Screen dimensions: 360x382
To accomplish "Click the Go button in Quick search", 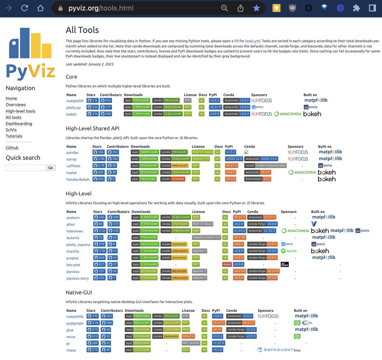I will pyautogui.click(x=50, y=168).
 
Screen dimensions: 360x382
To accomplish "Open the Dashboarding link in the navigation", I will pyautogui.click(x=19, y=124).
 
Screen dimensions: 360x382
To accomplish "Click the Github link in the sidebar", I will pyautogui.click(x=12, y=148).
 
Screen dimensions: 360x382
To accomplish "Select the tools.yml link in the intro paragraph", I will pyautogui.click(x=253, y=41).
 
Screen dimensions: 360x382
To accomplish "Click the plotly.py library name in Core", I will pyautogui.click(x=74, y=107).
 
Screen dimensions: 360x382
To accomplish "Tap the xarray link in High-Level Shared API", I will pyautogui.click(x=71, y=159).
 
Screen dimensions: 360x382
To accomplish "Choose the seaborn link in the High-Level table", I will pyautogui.click(x=73, y=218).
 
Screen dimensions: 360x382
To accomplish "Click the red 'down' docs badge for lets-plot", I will pyautogui.click(x=227, y=265).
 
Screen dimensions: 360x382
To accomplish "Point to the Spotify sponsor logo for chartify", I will pyautogui.click(x=289, y=251).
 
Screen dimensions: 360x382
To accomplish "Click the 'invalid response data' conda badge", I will pyautogui.click(x=266, y=166).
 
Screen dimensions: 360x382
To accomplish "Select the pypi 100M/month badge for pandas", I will pyautogui.click(x=145, y=152).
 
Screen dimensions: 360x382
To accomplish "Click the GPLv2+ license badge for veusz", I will pyautogui.click(x=188, y=336).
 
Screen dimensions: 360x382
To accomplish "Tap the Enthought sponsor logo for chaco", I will pyautogui.click(x=275, y=350).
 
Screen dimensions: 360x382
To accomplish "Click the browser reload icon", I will pyautogui.click(x=25, y=8).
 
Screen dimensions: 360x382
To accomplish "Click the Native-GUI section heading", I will pyautogui.click(x=79, y=293).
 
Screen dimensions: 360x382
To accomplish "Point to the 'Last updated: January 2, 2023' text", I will pyautogui.click(x=89, y=64).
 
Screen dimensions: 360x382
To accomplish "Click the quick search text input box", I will pyautogui.click(x=25, y=168).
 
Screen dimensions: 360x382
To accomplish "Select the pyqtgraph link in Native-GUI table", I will pyautogui.click(x=75, y=323).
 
